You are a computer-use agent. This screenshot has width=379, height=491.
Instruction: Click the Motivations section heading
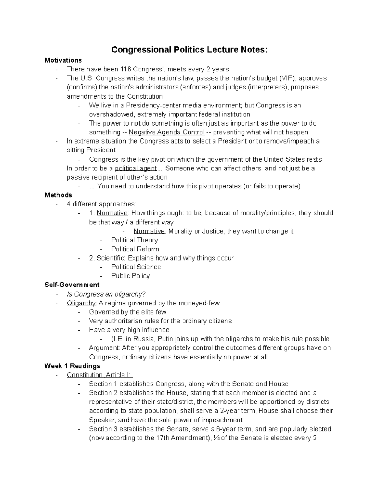pyautogui.click(x=63, y=60)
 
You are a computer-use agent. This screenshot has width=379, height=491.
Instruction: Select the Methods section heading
pyautogui.click(x=58, y=195)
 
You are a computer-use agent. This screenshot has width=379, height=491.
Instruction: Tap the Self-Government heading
pyautogui.click(x=72, y=285)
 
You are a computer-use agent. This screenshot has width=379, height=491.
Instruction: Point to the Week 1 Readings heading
pyautogui.click(x=72, y=366)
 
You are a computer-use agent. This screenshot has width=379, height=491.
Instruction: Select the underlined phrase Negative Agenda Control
pyautogui.click(x=167, y=132)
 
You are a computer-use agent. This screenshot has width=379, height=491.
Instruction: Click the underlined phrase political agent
pyautogui.click(x=136, y=168)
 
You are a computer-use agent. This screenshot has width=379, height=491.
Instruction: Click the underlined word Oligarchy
pyautogui.click(x=81, y=303)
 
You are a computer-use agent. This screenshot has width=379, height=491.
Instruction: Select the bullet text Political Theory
pyautogui.click(x=135, y=240)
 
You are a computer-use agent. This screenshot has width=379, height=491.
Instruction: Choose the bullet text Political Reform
pyautogui.click(x=135, y=249)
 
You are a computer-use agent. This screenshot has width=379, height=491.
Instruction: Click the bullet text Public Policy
pyautogui.click(x=130, y=276)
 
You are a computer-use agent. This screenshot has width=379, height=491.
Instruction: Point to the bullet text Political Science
pyautogui.click(x=136, y=267)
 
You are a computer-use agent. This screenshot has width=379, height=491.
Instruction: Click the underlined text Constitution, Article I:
pyautogui.click(x=99, y=375)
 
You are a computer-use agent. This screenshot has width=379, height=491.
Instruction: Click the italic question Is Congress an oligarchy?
pyautogui.click(x=106, y=294)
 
